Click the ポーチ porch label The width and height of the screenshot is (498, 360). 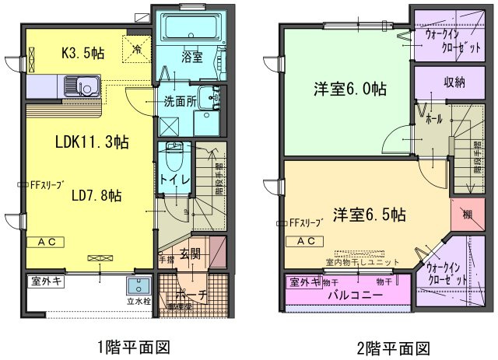click(190, 295)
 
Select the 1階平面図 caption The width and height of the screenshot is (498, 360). click(132, 346)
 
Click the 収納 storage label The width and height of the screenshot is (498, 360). click(455, 82)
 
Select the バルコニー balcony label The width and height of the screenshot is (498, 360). click(353, 295)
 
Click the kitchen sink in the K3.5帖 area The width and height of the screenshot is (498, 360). click(81, 85)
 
